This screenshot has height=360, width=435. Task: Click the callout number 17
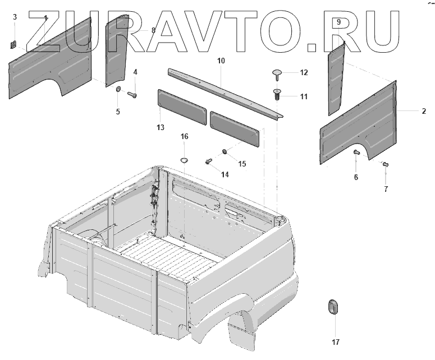pyautogui.click(x=335, y=341)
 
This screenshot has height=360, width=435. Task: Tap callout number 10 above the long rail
pyautogui.click(x=221, y=60)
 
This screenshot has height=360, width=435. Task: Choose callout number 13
pyautogui.click(x=161, y=128)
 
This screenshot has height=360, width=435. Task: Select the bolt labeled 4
pyautogui.click(x=134, y=94)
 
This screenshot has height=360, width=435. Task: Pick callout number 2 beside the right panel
pyautogui.click(x=424, y=111)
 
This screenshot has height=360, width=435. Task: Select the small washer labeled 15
pyautogui.click(x=225, y=151)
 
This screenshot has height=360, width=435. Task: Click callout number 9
pyautogui.click(x=338, y=21)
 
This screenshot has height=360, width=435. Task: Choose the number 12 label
pyautogui.click(x=304, y=72)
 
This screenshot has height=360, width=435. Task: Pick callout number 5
pyautogui.click(x=118, y=112)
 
